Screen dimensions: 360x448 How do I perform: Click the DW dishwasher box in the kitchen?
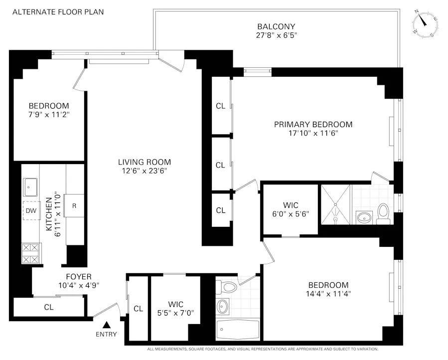pyautogui.click(x=31, y=210)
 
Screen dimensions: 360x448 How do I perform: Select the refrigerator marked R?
pyautogui.click(x=74, y=205)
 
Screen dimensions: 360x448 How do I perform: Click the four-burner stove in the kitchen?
pyautogui.click(x=31, y=252)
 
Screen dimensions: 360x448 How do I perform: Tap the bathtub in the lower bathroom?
pyautogui.click(x=238, y=329)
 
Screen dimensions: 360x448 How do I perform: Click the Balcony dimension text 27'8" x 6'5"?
pyautogui.click(x=276, y=35)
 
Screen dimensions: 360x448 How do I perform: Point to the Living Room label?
pyautogui.click(x=144, y=162)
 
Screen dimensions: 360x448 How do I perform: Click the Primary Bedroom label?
pyautogui.click(x=313, y=125)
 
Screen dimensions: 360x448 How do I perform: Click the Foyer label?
pyautogui.click(x=78, y=277)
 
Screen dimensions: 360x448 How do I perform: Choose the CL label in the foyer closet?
pyautogui.click(x=48, y=307)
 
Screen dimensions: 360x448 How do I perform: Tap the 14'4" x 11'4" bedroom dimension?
pyautogui.click(x=329, y=293)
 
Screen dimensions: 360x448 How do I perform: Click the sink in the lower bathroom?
pyautogui.click(x=223, y=305)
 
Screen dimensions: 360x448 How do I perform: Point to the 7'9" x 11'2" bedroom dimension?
pyautogui.click(x=48, y=114)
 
